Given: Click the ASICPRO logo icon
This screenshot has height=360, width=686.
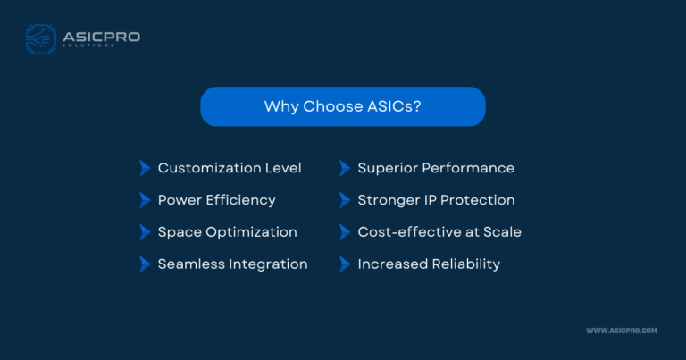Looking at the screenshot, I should [x=41, y=40].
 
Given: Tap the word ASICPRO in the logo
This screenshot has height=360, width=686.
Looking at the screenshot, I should [x=101, y=37].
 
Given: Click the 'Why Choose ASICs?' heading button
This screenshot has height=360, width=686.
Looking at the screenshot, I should [x=343, y=106].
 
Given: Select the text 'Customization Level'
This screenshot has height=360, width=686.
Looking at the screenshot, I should [x=230, y=168].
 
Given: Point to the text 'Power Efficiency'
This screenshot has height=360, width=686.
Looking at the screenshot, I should [x=216, y=200].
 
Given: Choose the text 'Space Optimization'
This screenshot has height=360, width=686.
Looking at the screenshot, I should [x=227, y=232].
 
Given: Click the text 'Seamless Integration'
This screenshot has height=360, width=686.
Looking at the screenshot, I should [x=232, y=264].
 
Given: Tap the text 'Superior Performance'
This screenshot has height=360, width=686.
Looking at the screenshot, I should [x=436, y=168].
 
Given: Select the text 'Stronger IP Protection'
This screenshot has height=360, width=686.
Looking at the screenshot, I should [x=436, y=200].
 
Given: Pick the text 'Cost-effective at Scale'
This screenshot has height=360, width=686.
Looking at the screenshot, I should [x=439, y=232].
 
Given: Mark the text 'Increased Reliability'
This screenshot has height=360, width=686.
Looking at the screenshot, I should [x=429, y=264].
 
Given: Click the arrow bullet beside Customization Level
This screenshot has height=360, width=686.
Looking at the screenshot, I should [x=145, y=168].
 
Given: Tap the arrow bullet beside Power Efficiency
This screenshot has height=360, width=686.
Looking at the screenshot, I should [x=145, y=200].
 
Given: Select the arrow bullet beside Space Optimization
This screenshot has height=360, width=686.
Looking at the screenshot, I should [x=145, y=232].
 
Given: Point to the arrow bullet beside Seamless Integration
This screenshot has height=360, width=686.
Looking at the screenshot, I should [x=145, y=264].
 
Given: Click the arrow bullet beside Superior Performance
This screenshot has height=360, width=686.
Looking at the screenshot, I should [x=344, y=168].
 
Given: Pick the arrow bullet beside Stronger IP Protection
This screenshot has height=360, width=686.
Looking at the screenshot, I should [x=344, y=200].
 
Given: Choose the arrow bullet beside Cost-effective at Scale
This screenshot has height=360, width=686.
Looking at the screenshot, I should [x=344, y=232].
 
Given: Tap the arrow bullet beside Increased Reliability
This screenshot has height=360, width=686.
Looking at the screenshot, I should [x=344, y=264].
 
